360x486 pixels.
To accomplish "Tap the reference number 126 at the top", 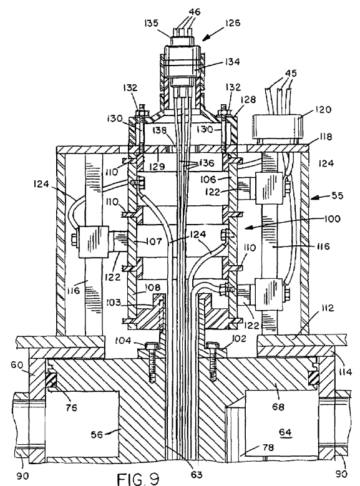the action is coord(233,23).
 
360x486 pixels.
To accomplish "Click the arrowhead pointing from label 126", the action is coord(206,38).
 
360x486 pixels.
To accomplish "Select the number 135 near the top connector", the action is coord(152,23).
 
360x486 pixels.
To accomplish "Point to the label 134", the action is coord(232,62).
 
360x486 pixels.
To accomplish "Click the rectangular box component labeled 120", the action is coord(277,127).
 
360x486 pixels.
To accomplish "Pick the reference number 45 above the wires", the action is coord(290,74).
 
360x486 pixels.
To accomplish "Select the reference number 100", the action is coord(332,219).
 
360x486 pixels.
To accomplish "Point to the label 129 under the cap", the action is coord(157,167).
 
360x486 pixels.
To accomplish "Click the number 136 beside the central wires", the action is coord(207,163).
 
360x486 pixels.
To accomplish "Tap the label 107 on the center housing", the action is coord(154,241).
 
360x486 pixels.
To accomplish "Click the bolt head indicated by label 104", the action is coord(152,345).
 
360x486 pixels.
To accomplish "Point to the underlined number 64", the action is coord(285,432).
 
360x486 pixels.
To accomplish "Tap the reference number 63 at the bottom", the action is coord(197,474).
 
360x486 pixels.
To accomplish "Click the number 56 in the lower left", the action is coord(97,435).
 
